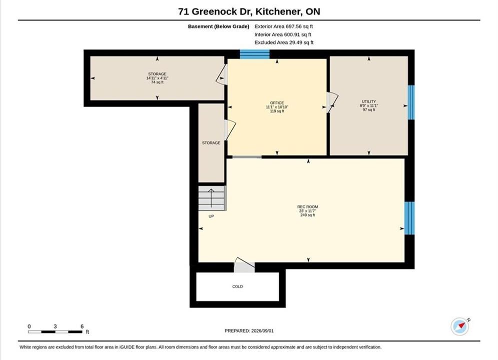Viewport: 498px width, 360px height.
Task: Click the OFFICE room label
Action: pos(277,103)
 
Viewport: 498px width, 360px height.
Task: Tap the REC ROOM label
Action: pos(307,207)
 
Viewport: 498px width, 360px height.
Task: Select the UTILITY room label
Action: pos(369,101)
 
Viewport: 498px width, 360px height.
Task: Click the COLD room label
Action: pos(237,286)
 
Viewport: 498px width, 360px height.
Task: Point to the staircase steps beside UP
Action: pos(212,198)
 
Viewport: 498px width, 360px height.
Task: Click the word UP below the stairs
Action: pos(211,216)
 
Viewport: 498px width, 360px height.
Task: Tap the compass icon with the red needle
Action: pos(460,326)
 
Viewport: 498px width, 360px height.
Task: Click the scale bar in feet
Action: pos(55,332)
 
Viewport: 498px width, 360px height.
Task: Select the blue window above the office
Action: pos(255,54)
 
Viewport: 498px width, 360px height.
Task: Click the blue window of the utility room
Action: pos(411,102)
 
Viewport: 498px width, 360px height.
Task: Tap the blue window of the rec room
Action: pos(409,218)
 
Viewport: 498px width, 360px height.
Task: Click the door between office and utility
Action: pos(332,102)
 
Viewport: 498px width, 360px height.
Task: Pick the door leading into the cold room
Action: pos(244,265)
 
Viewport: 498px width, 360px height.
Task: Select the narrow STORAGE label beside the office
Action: pos(211,143)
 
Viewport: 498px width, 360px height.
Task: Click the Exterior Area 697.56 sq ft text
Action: pos(284,26)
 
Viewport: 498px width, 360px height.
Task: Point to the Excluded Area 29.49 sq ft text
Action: pos(284,42)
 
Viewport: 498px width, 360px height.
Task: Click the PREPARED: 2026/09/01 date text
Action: pos(249,331)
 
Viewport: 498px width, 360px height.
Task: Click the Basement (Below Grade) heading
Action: pos(219,26)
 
